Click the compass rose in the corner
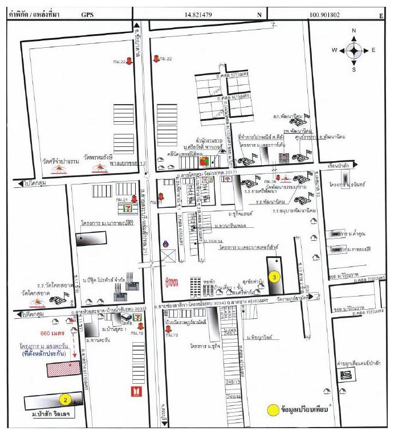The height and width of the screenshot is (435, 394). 354,50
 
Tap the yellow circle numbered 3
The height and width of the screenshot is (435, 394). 275,277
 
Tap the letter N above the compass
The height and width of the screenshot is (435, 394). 354,31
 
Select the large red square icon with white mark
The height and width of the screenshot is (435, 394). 136,392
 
